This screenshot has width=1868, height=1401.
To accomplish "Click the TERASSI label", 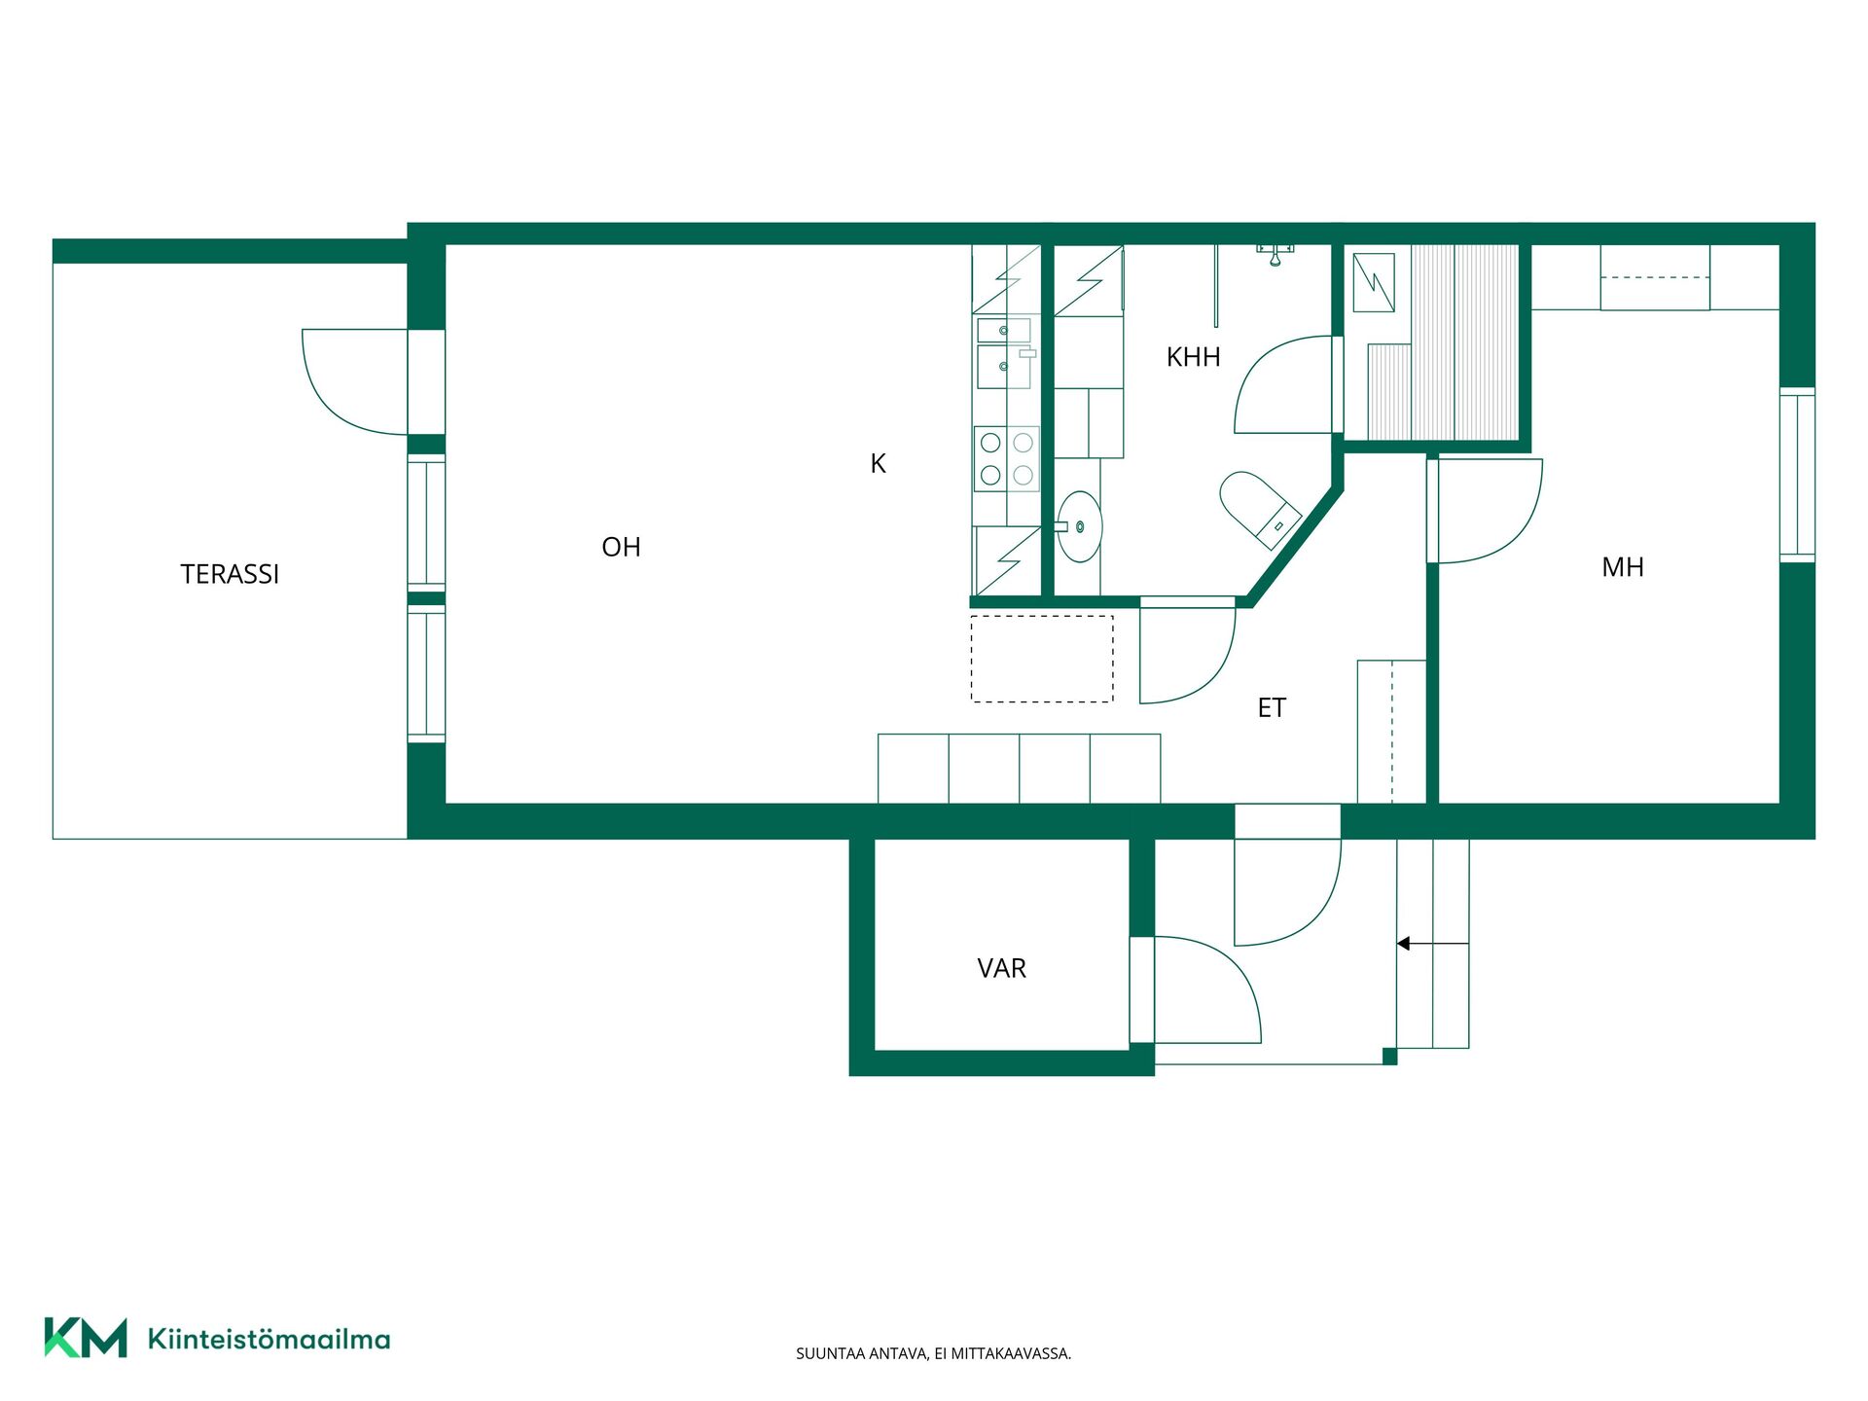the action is pos(230,574).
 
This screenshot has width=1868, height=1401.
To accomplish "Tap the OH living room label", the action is pos(621,547).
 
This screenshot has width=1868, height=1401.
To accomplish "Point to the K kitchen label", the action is pos(878,464).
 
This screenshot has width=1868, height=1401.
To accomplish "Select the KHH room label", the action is pos(1193,357).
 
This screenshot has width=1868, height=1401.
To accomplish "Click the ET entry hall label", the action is pos(1272,707).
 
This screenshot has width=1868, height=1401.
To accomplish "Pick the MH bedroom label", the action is pos(1623,567).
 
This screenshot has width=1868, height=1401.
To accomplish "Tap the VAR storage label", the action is pos(1001,968).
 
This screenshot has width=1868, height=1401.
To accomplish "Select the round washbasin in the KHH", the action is pos(1078,526).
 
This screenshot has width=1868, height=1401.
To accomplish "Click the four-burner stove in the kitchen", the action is pos(1007,458).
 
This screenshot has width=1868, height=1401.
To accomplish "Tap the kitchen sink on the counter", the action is pos(1004,352).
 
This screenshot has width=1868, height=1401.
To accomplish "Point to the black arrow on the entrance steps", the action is pos(1432,944).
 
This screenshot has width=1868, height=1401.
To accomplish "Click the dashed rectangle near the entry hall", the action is pos(1042,659).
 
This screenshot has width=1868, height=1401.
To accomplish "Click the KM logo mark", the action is pos(86,1338).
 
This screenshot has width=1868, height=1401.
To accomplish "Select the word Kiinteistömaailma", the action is pos(269,1339).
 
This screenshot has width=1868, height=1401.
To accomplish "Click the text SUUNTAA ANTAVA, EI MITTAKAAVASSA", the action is pos(933,1353).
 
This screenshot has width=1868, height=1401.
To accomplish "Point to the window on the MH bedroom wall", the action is pos(1797,475).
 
